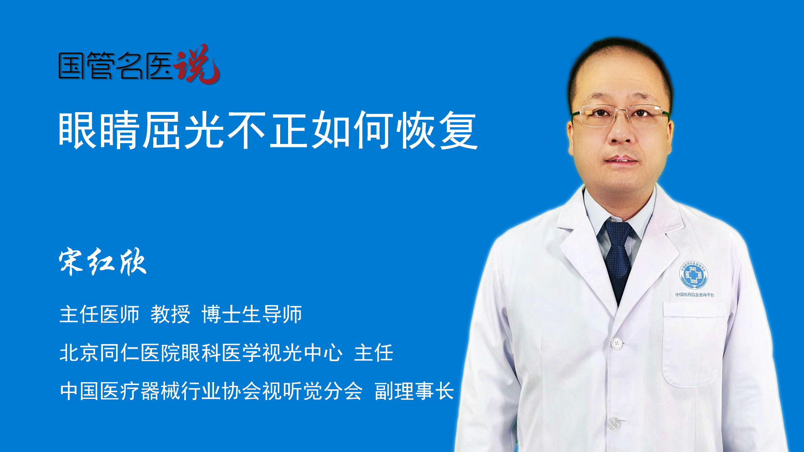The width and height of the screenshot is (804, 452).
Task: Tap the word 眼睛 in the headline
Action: [x=99, y=130]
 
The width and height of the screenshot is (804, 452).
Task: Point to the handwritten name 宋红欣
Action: [x=103, y=262]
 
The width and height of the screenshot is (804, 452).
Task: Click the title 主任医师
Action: [x=99, y=314]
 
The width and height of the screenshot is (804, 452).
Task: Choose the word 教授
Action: [x=170, y=314]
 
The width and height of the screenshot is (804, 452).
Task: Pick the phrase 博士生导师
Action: [x=252, y=314]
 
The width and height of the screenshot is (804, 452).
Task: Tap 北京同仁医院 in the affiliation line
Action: [x=120, y=352]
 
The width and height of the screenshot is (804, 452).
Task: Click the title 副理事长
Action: [x=414, y=391]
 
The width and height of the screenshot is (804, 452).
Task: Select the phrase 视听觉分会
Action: [x=312, y=391]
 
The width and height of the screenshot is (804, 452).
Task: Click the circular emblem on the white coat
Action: [x=693, y=275]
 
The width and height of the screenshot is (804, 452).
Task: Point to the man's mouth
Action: [x=621, y=160]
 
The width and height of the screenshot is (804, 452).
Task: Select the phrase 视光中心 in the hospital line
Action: [x=302, y=352]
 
